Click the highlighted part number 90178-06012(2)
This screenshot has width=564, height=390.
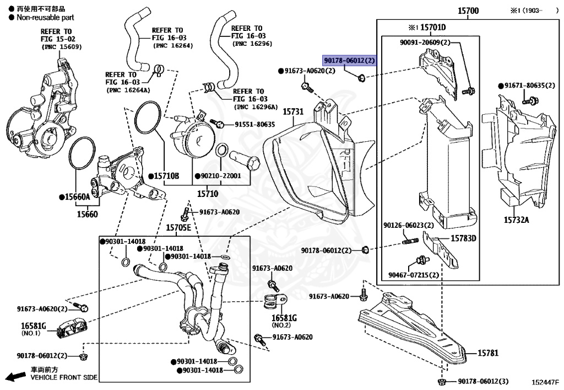349,60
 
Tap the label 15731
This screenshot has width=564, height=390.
293,111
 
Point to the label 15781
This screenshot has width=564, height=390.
487,352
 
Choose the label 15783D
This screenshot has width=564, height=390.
463,238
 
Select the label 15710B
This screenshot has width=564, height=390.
166,177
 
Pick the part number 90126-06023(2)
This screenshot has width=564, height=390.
409,225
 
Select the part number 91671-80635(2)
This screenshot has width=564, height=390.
529,86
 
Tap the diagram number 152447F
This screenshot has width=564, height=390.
545,382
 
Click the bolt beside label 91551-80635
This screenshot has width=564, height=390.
219,124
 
